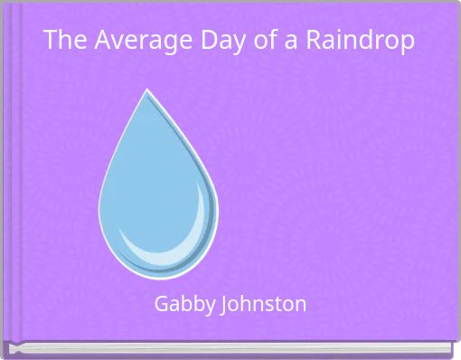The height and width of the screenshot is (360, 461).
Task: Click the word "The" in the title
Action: pyautogui.click(x=61, y=41)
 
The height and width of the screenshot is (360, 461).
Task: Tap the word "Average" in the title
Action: pyautogui.click(x=125, y=41)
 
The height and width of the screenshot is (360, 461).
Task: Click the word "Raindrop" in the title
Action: pyautogui.click(x=362, y=42)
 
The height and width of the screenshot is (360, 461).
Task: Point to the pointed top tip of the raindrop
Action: pyautogui.click(x=147, y=91)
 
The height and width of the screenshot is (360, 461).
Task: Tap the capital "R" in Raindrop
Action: pyautogui.click(x=311, y=41)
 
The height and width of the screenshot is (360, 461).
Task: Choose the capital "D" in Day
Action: pyautogui.click(x=183, y=41)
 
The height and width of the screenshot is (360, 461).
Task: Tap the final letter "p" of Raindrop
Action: pyautogui.click(x=409, y=43)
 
